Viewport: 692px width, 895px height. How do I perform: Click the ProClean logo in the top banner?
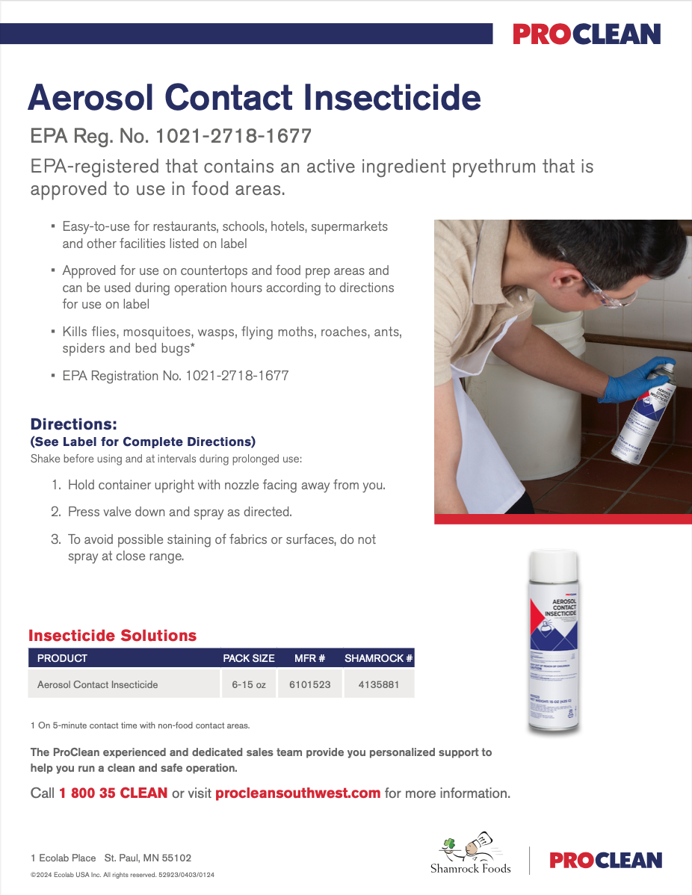pos(587,34)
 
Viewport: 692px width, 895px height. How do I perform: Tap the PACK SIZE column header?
pos(249,658)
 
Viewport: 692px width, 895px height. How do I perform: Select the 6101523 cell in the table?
pos(310,684)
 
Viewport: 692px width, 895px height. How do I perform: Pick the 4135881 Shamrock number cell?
pos(379,684)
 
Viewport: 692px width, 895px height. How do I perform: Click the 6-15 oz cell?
pos(249,684)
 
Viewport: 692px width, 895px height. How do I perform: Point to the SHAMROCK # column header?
pos(379,658)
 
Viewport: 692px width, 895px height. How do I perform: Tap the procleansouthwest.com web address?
pos(297,793)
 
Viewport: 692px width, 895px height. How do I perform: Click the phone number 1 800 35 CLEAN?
pos(113,793)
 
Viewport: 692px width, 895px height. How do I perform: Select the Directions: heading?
pos(73,424)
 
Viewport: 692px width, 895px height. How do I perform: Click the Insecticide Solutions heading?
pos(112,636)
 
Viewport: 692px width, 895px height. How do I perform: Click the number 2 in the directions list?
pos(55,512)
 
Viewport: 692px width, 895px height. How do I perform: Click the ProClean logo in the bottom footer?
pos(606,860)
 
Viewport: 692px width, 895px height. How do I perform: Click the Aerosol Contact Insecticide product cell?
pos(98,684)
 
